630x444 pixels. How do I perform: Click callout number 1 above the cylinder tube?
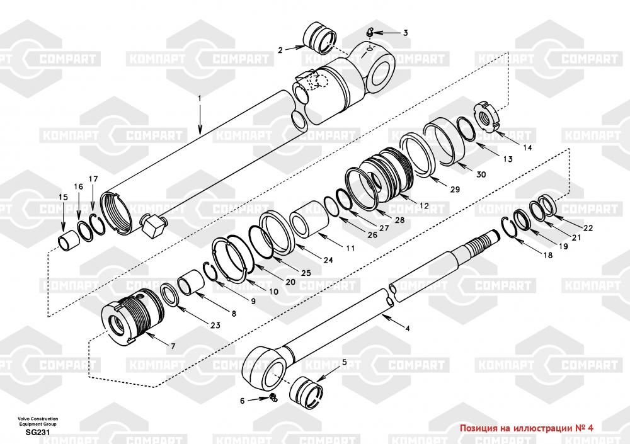click(x=200, y=98)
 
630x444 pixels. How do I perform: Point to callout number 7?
click(x=171, y=346)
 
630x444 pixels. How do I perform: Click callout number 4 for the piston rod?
click(x=407, y=328)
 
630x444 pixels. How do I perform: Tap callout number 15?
click(x=63, y=198)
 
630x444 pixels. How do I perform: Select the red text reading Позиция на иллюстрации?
click(x=527, y=428)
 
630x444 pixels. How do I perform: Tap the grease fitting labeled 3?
click(x=372, y=33)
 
